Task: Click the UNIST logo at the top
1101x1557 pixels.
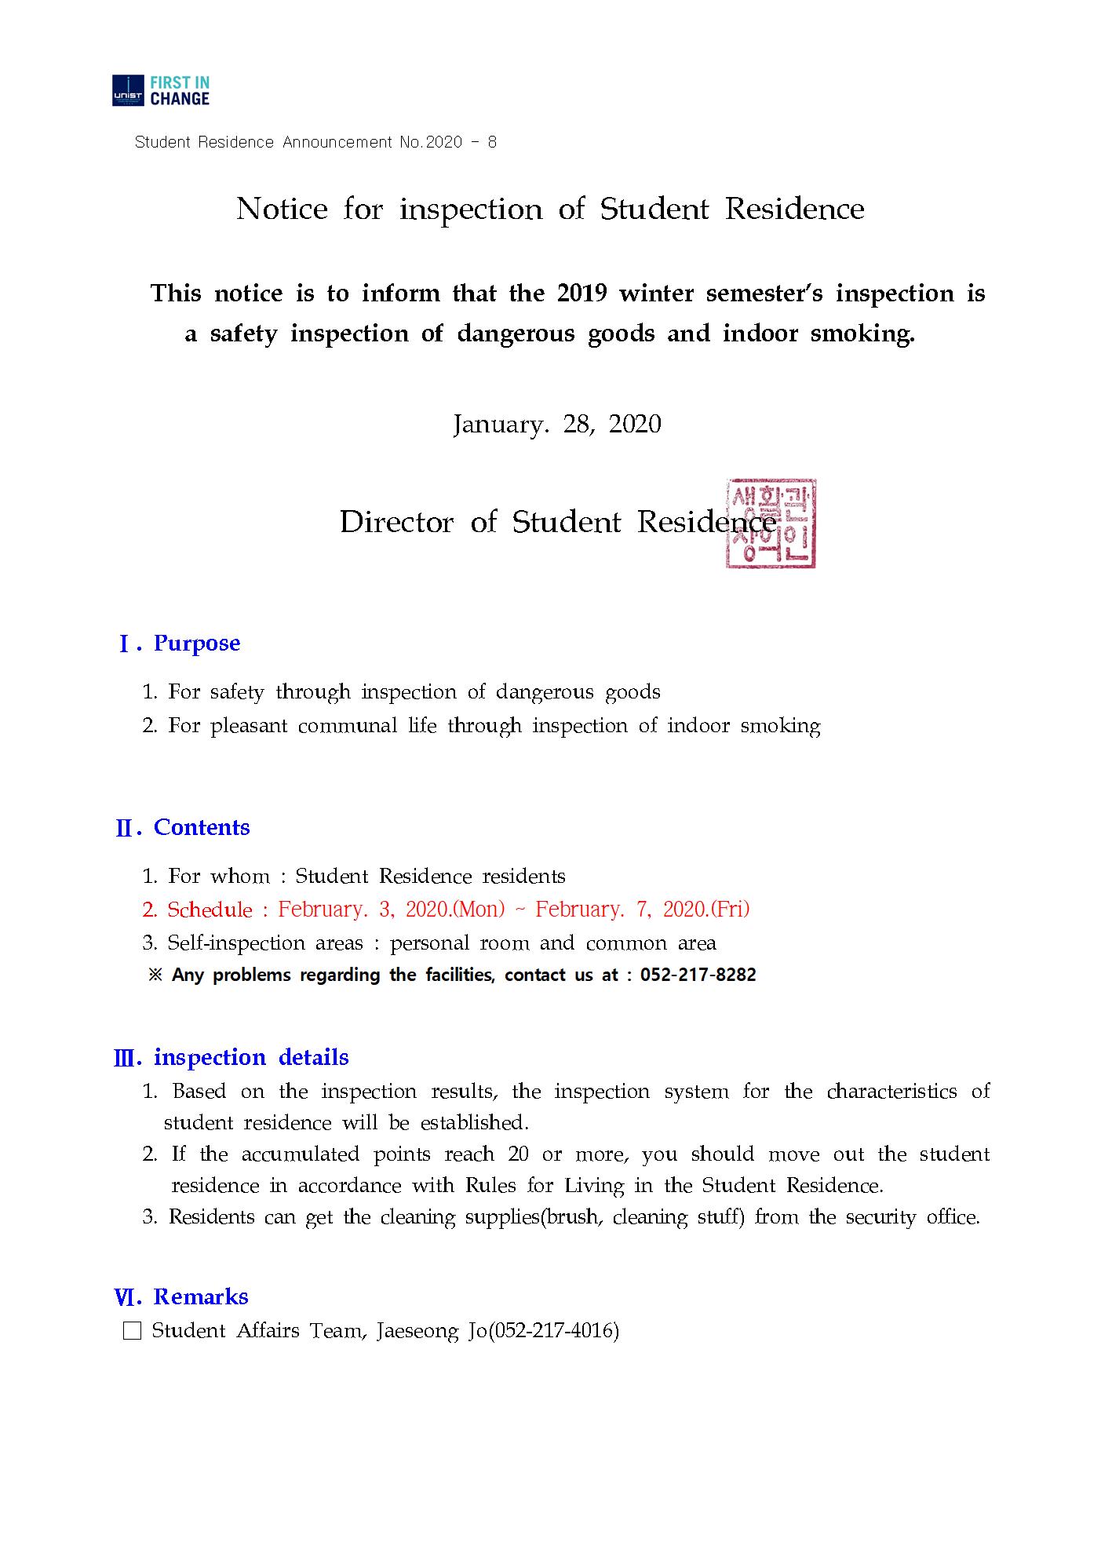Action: coord(161,90)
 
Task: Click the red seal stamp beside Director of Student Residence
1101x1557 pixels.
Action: coord(771,523)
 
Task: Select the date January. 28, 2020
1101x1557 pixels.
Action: coord(556,425)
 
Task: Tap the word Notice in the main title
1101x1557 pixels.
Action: coord(282,209)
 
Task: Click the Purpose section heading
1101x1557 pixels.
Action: coord(196,644)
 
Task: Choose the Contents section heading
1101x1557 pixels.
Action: coord(201,828)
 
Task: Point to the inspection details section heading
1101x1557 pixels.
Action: coord(250,1058)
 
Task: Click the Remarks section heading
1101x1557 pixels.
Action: coord(200,1297)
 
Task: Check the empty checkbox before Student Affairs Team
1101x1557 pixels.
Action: coord(133,1332)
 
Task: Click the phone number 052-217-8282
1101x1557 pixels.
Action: coord(698,975)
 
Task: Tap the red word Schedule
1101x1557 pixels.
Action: coord(210,910)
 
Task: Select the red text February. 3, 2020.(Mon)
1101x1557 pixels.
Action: coord(391,910)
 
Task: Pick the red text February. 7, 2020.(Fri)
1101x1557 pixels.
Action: coord(642,910)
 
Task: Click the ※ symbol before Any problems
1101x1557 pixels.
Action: coord(155,975)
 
